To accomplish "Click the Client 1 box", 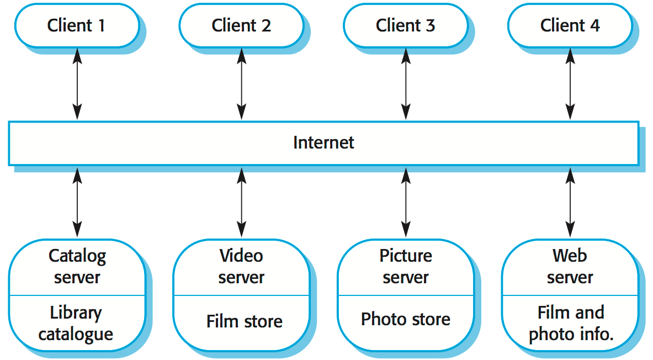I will pyautogui.click(x=76, y=25).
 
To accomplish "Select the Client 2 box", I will pyautogui.click(x=241, y=25).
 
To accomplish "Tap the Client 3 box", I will pyautogui.click(x=405, y=25).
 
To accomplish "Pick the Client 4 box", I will pyautogui.click(x=570, y=25).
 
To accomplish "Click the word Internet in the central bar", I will pyautogui.click(x=323, y=142).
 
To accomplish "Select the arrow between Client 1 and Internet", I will pyautogui.click(x=77, y=84).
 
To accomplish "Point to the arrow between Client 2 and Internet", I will pyautogui.click(x=241, y=84).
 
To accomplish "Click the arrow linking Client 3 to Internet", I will pyautogui.click(x=406, y=84).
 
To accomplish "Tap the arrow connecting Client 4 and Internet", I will pyautogui.click(x=570, y=84).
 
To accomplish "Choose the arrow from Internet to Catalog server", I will pyautogui.click(x=77, y=203).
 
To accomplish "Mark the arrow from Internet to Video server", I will pyautogui.click(x=241, y=203).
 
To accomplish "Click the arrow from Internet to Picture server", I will pyautogui.click(x=406, y=203).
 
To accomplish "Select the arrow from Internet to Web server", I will pyautogui.click(x=570, y=203).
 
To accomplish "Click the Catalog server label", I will pyautogui.click(x=77, y=266).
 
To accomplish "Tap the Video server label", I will pyautogui.click(x=241, y=266).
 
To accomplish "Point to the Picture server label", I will pyautogui.click(x=406, y=266).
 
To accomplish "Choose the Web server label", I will pyautogui.click(x=570, y=266).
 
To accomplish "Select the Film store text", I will pyautogui.click(x=244, y=321).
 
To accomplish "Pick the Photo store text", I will pyautogui.click(x=406, y=319).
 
